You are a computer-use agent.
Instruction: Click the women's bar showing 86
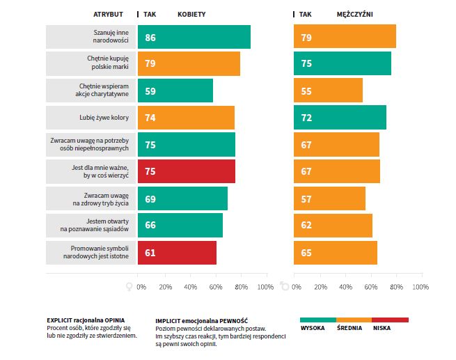pyautogui.click(x=194, y=37)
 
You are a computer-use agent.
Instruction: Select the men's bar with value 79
pyautogui.click(x=345, y=37)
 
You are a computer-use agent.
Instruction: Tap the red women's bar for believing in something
pyautogui.click(x=187, y=171)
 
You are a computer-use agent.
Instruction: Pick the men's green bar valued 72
pyautogui.click(x=340, y=118)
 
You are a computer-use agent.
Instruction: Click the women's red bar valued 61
pyautogui.click(x=177, y=253)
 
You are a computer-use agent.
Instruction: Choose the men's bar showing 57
pyautogui.click(x=329, y=198)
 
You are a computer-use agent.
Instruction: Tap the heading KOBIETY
pyautogui.click(x=191, y=14)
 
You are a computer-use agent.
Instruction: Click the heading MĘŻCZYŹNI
pyautogui.click(x=354, y=14)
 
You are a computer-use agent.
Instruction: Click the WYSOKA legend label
pyautogui.click(x=313, y=328)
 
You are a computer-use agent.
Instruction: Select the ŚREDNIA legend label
pyautogui.click(x=348, y=328)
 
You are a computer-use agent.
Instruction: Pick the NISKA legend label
pyautogui.click(x=382, y=328)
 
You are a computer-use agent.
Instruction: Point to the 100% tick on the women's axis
pyautogui.click(x=265, y=287)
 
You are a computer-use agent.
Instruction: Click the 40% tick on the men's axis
pyautogui.click(x=345, y=287)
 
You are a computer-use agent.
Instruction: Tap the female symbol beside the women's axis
pyautogui.click(x=128, y=286)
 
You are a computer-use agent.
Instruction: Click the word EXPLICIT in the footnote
pyautogui.click(x=60, y=320)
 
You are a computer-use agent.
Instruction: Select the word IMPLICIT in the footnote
pyautogui.click(x=169, y=320)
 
